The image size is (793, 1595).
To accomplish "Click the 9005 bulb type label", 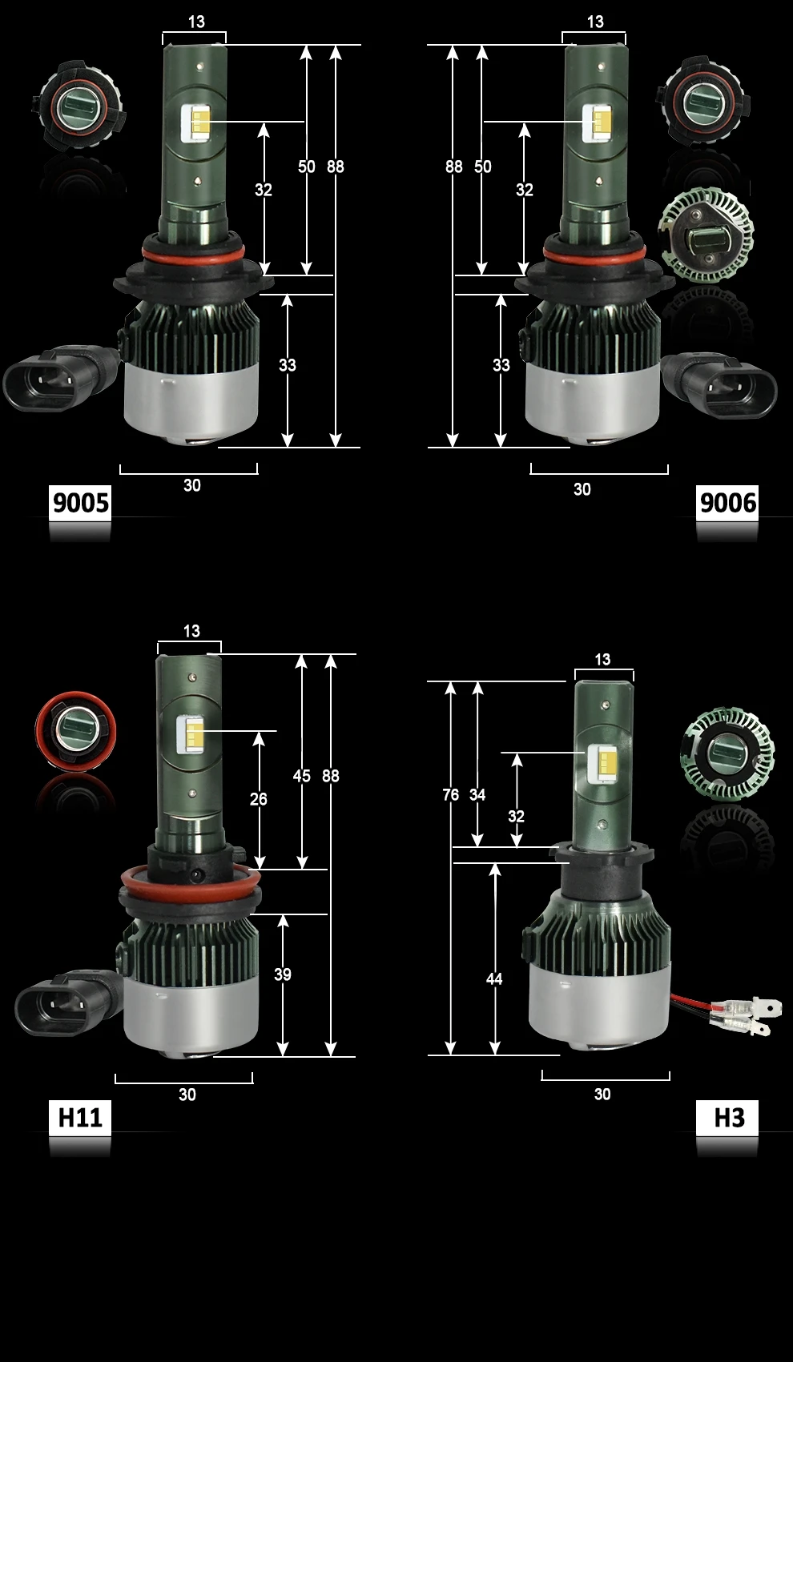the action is [x=80, y=503].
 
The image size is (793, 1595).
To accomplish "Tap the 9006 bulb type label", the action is [x=727, y=503].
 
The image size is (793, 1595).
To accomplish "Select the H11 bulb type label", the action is [x=80, y=1117].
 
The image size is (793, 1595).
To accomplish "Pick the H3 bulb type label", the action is [x=727, y=1117].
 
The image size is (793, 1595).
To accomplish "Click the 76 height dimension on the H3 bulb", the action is [x=451, y=794].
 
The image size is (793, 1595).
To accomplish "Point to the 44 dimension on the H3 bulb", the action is [x=494, y=978].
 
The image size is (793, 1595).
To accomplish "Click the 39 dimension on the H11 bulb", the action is [x=283, y=974].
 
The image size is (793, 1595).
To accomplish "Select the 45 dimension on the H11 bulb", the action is [x=301, y=776].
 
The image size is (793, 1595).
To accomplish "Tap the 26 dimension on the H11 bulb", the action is [x=259, y=799].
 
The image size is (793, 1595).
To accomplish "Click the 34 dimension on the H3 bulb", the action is [x=477, y=794].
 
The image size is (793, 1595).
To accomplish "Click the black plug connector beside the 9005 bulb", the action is [x=61, y=379].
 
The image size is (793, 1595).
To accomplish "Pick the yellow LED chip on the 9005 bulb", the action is [x=200, y=123].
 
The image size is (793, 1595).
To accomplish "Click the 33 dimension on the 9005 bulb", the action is [x=288, y=365].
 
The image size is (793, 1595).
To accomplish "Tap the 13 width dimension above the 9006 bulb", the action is [x=595, y=22].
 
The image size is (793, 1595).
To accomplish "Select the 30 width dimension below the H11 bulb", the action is [x=187, y=1095].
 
